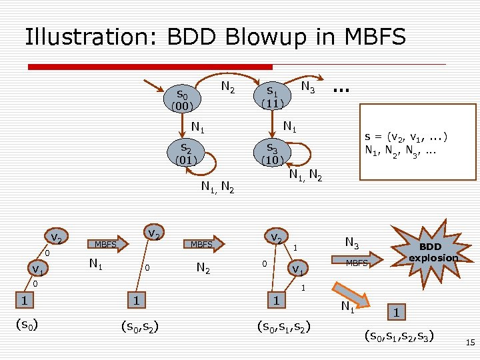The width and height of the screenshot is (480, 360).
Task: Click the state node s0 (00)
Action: tap(182, 99)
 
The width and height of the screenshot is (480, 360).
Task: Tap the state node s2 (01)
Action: tap(183, 153)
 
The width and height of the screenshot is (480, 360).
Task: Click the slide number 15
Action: tap(469, 343)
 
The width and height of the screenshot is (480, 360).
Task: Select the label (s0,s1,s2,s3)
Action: tap(399, 335)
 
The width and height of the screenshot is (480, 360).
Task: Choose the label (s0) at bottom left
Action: tap(27, 325)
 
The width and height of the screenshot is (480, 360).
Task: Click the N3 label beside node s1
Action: tap(308, 87)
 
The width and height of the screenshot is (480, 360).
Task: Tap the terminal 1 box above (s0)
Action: tap(23, 301)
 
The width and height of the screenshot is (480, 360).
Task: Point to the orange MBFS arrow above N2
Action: tap(203, 245)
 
